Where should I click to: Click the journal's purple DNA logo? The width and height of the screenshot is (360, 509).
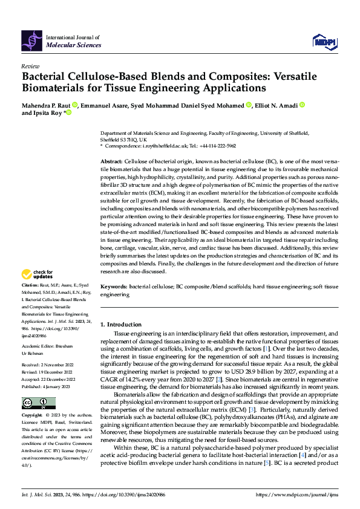pos(32,40)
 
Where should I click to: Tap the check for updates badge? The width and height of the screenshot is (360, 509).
pos(38,275)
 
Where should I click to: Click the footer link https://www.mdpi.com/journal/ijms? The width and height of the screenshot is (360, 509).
pos(297,494)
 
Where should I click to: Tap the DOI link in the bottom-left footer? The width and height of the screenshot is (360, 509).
pos(123,494)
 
